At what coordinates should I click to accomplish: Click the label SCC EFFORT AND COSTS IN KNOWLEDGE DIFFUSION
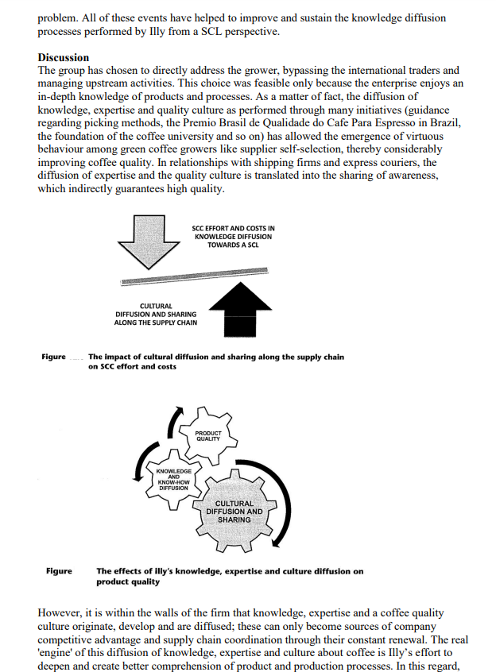tap(234, 236)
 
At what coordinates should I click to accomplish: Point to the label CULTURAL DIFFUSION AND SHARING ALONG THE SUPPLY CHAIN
tap(156, 315)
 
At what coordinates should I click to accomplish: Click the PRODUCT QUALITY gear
tap(208, 434)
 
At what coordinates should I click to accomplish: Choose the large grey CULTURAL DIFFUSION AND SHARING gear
tap(234, 511)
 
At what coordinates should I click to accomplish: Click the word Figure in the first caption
tap(54, 357)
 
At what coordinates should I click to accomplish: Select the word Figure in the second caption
tap(59, 571)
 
